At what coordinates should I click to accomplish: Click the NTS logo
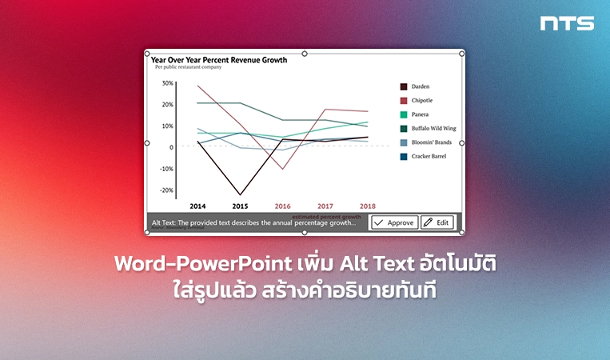(567, 23)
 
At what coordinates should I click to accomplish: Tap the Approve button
(393, 222)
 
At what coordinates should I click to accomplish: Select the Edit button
(437, 222)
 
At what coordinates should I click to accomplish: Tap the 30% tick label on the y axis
(167, 83)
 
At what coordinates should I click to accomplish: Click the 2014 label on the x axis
(197, 206)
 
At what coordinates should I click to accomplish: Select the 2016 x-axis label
(282, 206)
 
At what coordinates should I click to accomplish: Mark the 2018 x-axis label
(368, 206)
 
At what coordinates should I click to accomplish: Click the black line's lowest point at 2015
(240, 194)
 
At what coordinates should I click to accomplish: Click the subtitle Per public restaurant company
(188, 67)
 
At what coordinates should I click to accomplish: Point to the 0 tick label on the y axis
(171, 147)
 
